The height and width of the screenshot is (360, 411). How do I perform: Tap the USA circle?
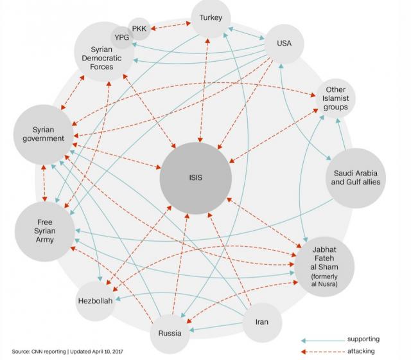coord(284,44)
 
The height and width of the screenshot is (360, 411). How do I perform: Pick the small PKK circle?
coord(139,30)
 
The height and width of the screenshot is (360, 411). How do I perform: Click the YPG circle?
coord(121,38)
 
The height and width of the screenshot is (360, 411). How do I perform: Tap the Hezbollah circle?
coord(96,300)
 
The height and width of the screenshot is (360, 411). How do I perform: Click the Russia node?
coord(171,333)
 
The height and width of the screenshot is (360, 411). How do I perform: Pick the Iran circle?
coord(262,321)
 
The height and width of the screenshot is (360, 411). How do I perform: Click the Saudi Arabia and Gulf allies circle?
coord(355,177)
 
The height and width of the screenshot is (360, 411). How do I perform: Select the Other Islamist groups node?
coord(337,100)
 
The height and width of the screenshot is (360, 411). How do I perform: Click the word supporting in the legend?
coord(364,339)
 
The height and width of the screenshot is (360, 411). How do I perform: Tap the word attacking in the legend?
coord(362,351)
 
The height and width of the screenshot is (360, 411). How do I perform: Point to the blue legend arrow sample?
coord(321,339)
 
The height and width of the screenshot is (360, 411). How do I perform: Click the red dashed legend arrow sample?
coord(321,352)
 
